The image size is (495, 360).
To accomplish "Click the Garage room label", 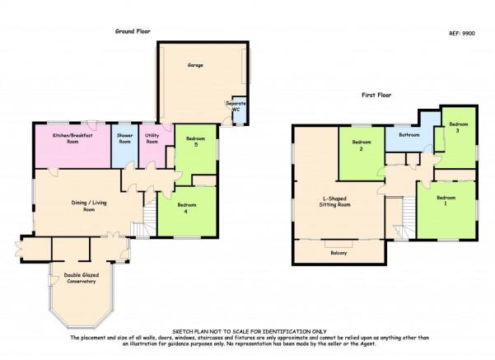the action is [195, 65].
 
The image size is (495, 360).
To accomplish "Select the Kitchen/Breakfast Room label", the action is [72, 138].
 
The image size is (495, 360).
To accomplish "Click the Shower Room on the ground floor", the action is [124, 146].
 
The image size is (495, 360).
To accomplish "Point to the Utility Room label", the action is [152, 138].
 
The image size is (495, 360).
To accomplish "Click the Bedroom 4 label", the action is [187, 208].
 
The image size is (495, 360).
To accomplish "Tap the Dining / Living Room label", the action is [89, 206].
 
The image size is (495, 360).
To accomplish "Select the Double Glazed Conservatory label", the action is [82, 278].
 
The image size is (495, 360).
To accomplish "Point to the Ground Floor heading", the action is [133, 31].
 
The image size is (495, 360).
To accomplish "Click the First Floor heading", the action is [376, 95].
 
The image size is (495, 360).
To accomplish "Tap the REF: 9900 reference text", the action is [462, 33].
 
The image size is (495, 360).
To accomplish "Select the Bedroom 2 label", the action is [362, 145].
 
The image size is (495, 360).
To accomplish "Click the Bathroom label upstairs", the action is [409, 135].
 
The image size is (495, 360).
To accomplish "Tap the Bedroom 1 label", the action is [446, 200].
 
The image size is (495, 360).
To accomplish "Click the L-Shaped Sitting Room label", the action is [334, 202].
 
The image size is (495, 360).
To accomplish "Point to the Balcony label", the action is [339, 253].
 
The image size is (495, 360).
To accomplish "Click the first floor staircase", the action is [405, 217].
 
